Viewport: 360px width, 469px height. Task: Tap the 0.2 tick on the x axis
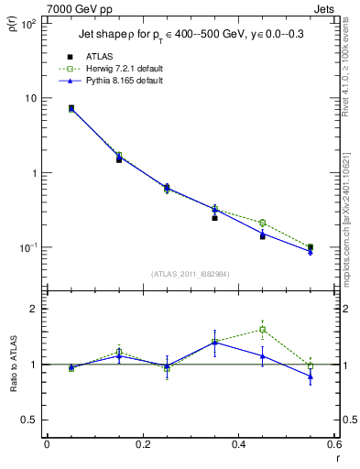141,446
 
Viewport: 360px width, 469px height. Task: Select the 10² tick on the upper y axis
29,24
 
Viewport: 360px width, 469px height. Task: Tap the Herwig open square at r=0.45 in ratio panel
262,330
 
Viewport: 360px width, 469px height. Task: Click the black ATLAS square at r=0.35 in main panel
214,218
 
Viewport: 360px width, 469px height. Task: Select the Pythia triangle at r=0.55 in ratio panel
311,376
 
